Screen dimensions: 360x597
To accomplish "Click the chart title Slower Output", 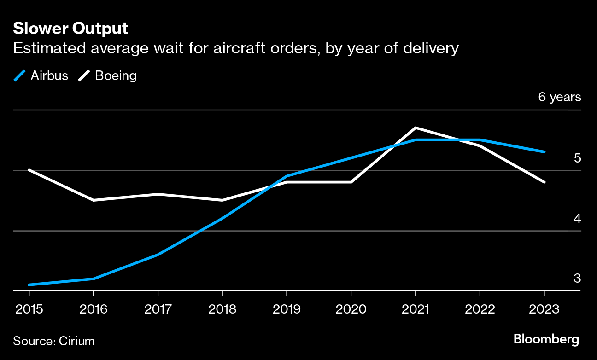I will coord(70,29).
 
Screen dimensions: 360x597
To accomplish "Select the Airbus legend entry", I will coord(41,75).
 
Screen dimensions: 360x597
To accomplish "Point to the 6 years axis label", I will coord(559,97).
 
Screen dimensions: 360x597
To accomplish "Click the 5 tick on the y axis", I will coord(577,158).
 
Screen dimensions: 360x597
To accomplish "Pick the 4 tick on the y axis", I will coord(577,218).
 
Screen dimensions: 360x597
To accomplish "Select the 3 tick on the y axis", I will coord(577,279).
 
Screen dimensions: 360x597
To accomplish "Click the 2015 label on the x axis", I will coord(29,308).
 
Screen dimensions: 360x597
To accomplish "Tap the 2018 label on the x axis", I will coord(222,308).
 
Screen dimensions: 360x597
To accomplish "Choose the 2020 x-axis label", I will coord(351,308).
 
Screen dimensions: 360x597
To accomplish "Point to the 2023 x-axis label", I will coord(544,308).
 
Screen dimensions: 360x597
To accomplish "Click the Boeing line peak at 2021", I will coord(416,128).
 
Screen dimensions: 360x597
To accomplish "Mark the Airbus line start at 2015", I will coord(29,285).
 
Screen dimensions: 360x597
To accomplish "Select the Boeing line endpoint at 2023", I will coord(544,182).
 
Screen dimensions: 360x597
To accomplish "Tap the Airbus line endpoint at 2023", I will coord(544,151).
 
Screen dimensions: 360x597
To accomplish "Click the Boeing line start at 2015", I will coord(29,170).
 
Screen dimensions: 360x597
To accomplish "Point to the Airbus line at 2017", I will coord(158,255).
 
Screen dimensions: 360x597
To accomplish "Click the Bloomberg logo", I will coord(546,340).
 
